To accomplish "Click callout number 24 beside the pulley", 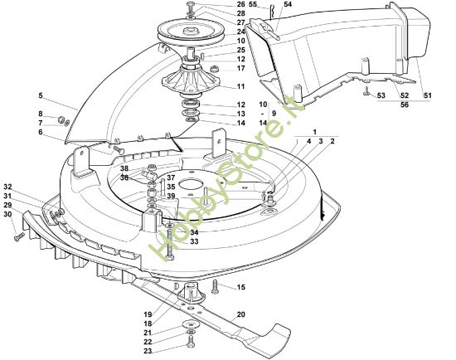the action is (240, 32).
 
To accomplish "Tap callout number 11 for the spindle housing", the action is (240, 86).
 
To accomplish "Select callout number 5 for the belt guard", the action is (41, 95).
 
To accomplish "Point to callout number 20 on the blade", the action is (240, 314).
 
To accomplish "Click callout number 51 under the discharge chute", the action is (427, 95).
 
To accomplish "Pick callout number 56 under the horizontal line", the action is (405, 105).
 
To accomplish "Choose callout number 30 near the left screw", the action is (7, 214).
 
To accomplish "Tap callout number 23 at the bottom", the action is (148, 351).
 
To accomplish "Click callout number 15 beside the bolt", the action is (240, 287).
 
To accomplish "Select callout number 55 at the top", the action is (253, 4).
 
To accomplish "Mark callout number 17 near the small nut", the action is (240, 68).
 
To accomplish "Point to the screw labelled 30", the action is (20, 236).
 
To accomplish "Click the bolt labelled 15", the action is (215, 286).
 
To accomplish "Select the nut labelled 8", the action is (61, 119).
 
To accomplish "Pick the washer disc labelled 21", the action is (190, 324).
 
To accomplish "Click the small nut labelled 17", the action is (216, 70).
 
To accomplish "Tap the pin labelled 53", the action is (366, 91).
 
